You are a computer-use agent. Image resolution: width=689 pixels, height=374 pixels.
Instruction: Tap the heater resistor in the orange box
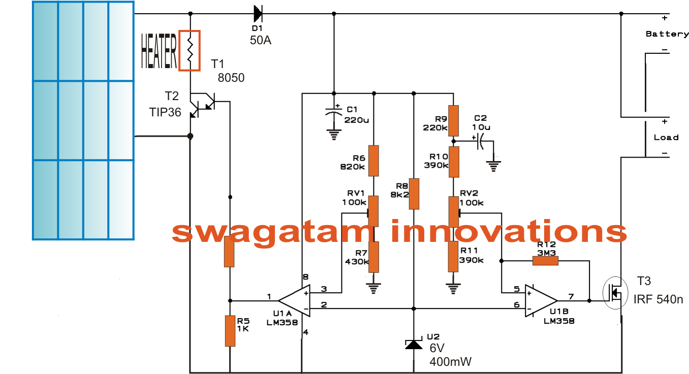click(x=190, y=50)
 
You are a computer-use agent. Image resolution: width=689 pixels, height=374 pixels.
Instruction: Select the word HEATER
click(x=159, y=51)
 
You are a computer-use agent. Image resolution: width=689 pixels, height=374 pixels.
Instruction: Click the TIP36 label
click(x=165, y=112)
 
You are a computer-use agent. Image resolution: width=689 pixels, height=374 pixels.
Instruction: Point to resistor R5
click(x=230, y=331)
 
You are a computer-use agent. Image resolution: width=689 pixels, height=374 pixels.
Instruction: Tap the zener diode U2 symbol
click(x=414, y=345)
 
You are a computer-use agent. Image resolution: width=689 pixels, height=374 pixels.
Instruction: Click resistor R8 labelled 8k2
click(x=414, y=194)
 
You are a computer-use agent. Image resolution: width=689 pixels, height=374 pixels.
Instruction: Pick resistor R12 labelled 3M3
click(x=545, y=261)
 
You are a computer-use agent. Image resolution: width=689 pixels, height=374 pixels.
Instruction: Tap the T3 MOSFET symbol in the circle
click(x=614, y=294)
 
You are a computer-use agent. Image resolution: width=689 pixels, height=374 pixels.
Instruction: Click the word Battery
click(x=667, y=34)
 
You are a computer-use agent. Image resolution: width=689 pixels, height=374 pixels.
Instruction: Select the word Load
click(x=666, y=138)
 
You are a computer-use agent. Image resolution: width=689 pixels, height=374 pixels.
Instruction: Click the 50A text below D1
click(x=261, y=41)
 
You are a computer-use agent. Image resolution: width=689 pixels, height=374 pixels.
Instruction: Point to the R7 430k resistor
click(x=374, y=257)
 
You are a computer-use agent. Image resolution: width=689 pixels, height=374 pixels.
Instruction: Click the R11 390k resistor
click(x=454, y=257)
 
